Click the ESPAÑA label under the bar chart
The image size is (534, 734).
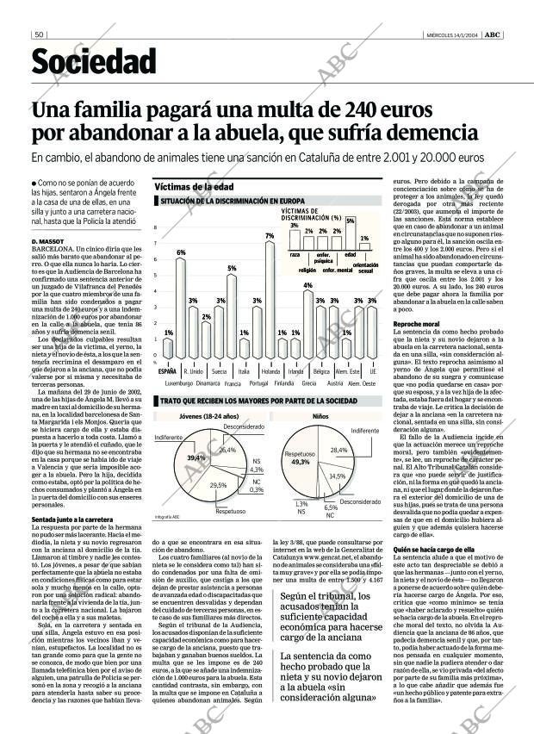tap(168, 370)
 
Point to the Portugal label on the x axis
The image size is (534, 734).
tap(258, 383)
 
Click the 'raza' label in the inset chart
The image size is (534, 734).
tap(295, 255)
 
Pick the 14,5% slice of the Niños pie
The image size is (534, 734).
tap(336, 476)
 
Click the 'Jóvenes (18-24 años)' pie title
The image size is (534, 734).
tap(202, 415)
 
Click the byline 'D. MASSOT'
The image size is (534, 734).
tap(48, 239)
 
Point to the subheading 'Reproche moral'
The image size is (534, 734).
tap(417, 323)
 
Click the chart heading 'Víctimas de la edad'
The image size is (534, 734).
tap(194, 186)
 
